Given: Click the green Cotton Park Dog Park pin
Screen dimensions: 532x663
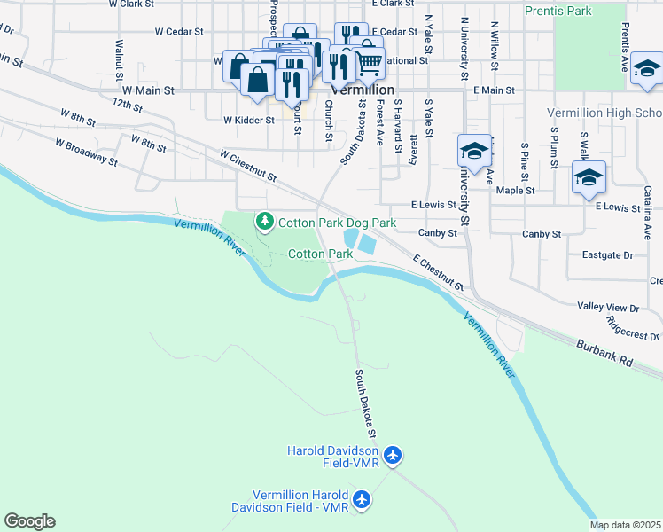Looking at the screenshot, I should pos(263,221).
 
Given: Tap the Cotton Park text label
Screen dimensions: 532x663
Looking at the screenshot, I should pos(320,254).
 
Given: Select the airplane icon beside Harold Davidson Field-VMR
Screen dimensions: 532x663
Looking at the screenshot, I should pos(394,457).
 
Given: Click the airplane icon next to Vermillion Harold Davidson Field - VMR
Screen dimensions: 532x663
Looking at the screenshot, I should pos(361,500).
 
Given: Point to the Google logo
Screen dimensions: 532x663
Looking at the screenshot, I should pos(29,521).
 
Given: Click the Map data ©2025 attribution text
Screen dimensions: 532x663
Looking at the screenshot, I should pos(625,525).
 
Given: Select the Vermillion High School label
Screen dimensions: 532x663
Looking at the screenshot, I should pos(604,113).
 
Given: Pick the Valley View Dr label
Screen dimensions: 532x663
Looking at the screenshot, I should pos(608,308).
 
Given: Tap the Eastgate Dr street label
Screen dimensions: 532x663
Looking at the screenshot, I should pos(607,255).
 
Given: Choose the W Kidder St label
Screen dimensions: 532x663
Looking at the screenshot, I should pos(248,120).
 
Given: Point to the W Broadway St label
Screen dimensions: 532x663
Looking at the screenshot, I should pos(86,151).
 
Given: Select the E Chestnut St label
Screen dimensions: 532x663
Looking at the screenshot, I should pos(438,272).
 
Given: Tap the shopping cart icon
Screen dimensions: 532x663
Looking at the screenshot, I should pos(368,61).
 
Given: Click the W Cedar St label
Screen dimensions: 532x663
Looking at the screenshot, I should pos(180,31).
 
